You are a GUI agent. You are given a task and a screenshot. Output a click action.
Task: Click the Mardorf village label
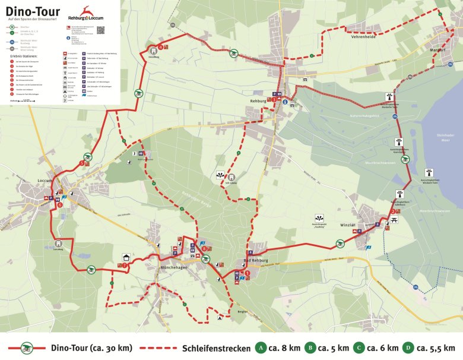(x=437, y=50)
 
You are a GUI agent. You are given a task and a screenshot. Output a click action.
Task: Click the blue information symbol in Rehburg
(x=285, y=102)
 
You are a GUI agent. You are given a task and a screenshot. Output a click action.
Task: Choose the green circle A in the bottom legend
(x=259, y=348)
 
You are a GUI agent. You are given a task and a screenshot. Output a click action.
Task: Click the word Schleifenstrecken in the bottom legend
(x=218, y=348)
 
